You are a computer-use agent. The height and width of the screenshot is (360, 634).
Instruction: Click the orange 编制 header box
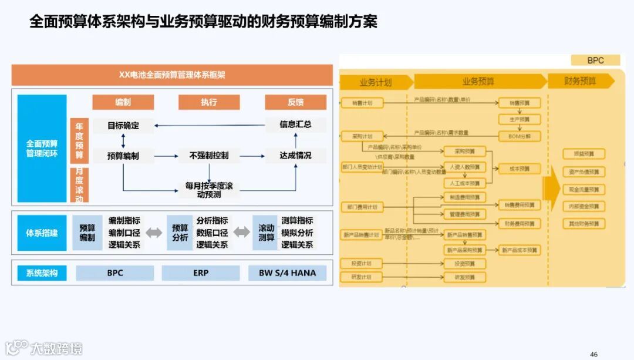coord(123,102)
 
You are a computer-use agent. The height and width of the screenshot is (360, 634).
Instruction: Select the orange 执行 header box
coord(209,102)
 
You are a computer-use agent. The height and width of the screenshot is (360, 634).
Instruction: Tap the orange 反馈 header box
coord(295,102)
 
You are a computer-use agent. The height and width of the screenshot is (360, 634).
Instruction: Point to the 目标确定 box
coord(123,125)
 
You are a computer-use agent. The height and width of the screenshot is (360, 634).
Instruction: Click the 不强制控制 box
coord(208,156)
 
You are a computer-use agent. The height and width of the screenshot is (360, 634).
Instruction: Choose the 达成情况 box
coord(295,156)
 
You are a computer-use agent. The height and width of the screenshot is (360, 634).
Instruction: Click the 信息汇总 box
coord(295,125)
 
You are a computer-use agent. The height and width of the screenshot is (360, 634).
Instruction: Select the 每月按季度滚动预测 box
coord(209,190)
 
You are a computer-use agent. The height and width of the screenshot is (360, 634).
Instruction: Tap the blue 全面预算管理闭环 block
coord(42,149)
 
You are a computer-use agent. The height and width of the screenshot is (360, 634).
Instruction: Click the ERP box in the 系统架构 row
coord(201,273)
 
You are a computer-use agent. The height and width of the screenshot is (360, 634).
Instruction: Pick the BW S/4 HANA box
coord(287,273)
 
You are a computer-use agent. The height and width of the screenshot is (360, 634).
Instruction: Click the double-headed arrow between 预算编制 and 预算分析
coord(154,233)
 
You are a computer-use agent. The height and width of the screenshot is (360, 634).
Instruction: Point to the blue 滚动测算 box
coord(266,233)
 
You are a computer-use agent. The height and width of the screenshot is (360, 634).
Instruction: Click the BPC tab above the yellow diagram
coord(595,60)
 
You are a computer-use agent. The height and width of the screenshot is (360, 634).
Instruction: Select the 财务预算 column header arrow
coord(581,82)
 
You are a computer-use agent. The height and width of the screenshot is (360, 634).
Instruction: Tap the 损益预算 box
coord(583,154)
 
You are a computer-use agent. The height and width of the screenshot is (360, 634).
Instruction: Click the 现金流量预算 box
coord(583,190)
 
